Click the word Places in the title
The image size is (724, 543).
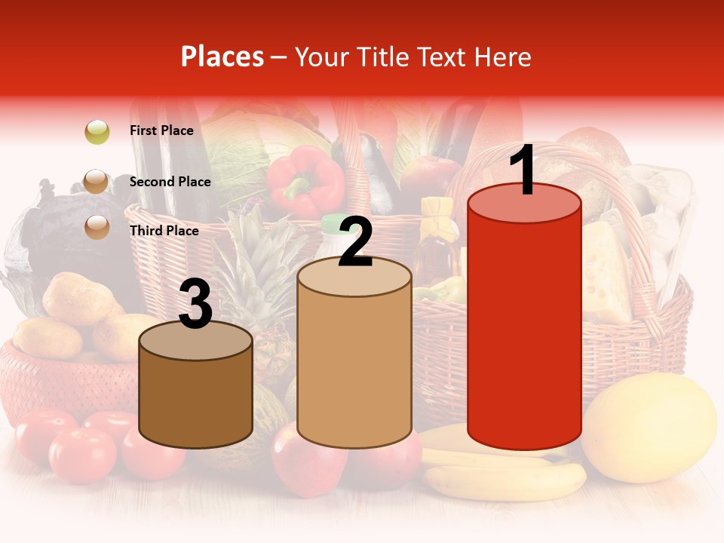[x=222, y=57]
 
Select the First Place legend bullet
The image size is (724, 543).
[x=97, y=132]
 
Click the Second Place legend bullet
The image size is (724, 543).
[x=97, y=182]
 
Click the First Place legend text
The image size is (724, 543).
[x=161, y=130]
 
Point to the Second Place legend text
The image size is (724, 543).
[x=170, y=182]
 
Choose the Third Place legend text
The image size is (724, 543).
[x=164, y=231]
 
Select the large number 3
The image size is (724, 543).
[x=195, y=305]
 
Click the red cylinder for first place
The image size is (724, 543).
[x=524, y=324]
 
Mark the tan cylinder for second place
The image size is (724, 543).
[x=354, y=362]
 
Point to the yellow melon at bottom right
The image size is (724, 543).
[x=650, y=426]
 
